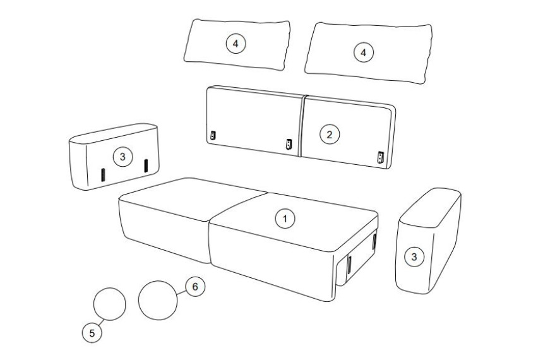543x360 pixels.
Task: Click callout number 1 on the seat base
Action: point(285,219)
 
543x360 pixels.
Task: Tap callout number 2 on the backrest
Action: point(330,135)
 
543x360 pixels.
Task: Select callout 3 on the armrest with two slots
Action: point(122,157)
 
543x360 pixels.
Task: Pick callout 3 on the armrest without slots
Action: point(414,257)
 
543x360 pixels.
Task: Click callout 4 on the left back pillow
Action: point(236,44)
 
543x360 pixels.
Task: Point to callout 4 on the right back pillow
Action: point(363,52)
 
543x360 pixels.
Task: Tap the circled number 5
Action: point(92,333)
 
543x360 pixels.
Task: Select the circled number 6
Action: point(195,287)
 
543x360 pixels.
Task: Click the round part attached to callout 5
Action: point(110,304)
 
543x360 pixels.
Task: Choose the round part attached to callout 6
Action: point(158,300)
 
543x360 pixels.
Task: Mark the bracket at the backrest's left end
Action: point(213,136)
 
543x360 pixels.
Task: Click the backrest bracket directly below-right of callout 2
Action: point(381,157)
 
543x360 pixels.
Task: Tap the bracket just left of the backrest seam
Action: point(289,144)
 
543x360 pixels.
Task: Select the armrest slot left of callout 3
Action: point(103,174)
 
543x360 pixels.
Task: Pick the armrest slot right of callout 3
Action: point(146,165)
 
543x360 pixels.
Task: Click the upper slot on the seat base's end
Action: point(374,241)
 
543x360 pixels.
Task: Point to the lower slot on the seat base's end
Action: point(349,265)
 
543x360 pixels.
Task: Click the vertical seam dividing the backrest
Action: point(301,126)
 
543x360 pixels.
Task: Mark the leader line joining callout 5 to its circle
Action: point(101,322)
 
